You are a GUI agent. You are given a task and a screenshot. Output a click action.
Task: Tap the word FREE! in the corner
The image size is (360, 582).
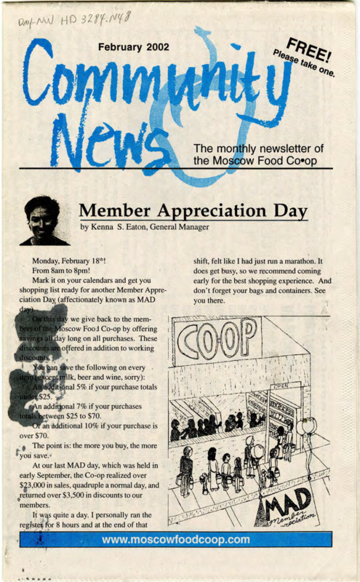click(x=308, y=49)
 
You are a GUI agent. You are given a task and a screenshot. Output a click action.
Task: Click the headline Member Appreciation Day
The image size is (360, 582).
click(x=193, y=210)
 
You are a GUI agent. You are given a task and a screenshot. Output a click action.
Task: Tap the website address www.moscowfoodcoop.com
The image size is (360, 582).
click(x=176, y=540)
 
